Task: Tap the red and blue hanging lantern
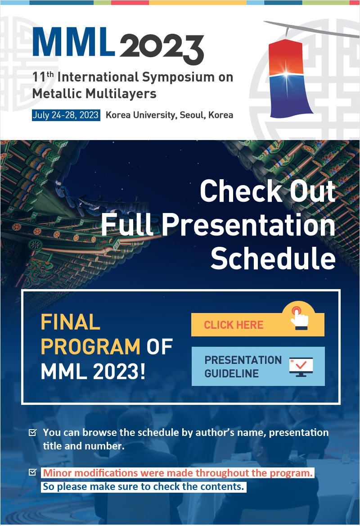pyautogui.click(x=288, y=78)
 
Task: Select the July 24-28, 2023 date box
pyautogui.click(x=66, y=115)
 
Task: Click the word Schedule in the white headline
pyautogui.click(x=273, y=258)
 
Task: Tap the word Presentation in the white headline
pyautogui.click(x=249, y=225)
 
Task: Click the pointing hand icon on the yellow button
pyautogui.click(x=299, y=317)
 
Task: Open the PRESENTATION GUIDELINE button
pyautogui.click(x=258, y=366)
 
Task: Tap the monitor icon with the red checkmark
pyautogui.click(x=301, y=367)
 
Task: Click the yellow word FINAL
pyautogui.click(x=70, y=322)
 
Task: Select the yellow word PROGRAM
pyautogui.click(x=90, y=346)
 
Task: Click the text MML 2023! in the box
pyautogui.click(x=93, y=372)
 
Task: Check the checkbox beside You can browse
pyautogui.click(x=32, y=432)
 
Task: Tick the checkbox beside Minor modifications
pyautogui.click(x=32, y=472)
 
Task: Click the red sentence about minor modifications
pyautogui.click(x=178, y=473)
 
